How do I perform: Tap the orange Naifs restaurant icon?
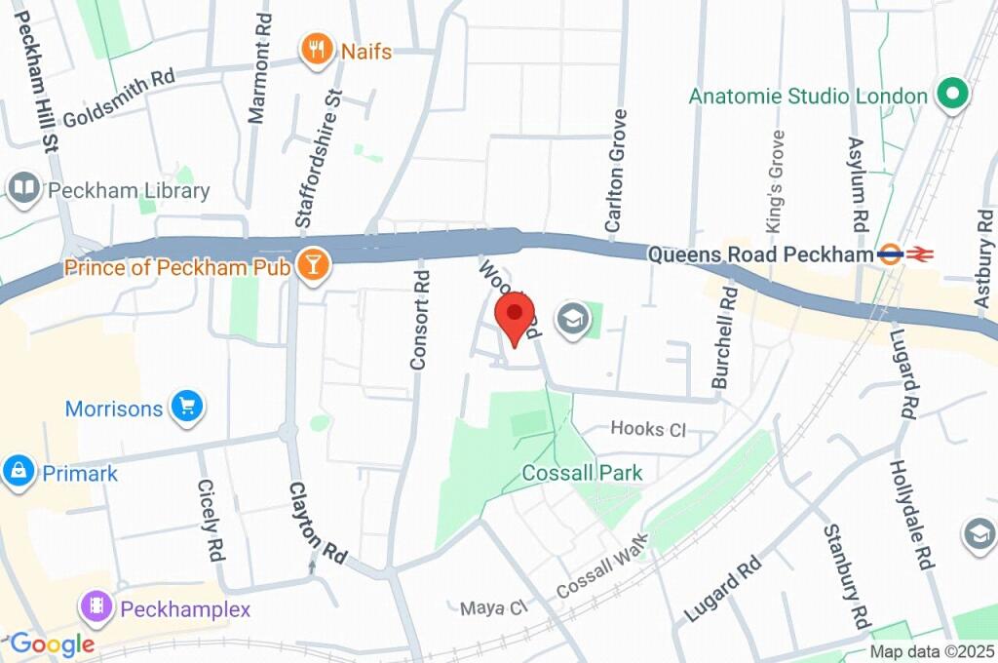[316, 49]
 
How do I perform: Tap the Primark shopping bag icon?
[18, 473]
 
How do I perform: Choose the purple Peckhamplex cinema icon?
[97, 608]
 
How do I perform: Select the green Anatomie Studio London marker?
[950, 95]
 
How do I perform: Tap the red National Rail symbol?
[919, 253]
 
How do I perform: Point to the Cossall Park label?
[582, 473]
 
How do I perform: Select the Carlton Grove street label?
[614, 171]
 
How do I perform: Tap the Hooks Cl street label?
[648, 429]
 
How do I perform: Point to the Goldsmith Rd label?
[118, 99]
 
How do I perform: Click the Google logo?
[52, 643]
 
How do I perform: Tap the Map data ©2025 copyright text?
[931, 651]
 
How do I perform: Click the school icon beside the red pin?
[573, 319]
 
